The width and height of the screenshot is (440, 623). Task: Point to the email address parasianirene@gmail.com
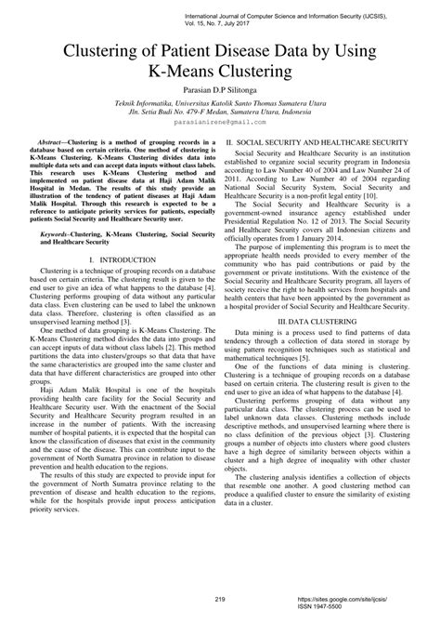coord(219,122)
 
